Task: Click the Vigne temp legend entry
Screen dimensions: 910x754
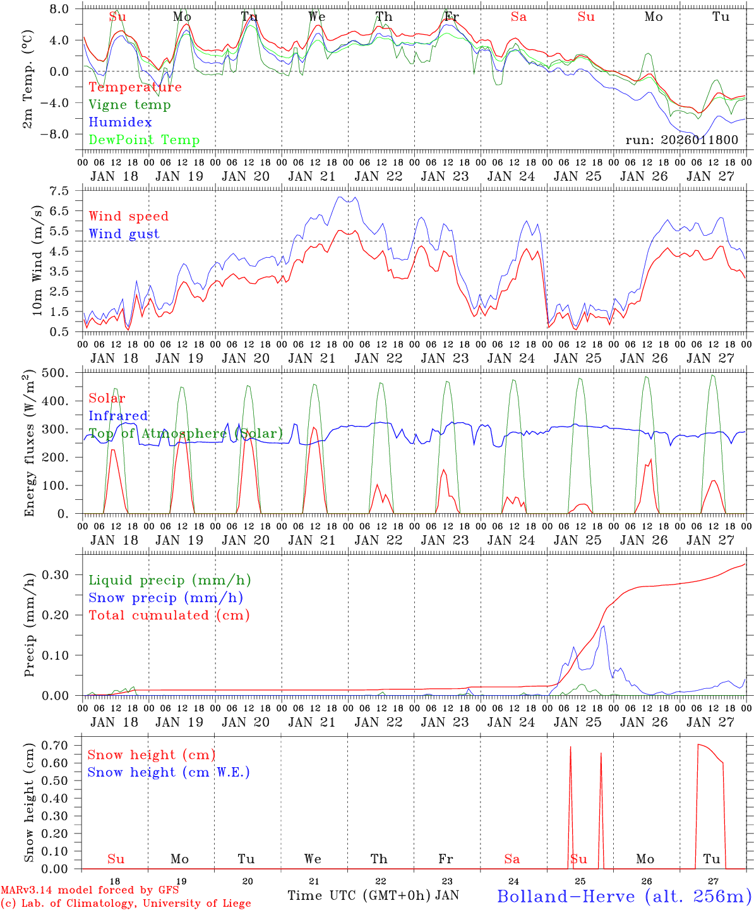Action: click(129, 105)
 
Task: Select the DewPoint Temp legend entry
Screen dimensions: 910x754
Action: click(144, 140)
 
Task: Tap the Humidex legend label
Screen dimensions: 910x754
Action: click(120, 123)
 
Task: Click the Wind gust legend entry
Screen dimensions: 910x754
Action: click(124, 234)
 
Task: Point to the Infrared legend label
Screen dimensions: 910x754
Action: click(118, 416)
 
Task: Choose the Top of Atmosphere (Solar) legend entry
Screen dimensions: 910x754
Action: click(185, 434)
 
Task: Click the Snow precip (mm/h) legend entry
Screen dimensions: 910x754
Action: click(165, 598)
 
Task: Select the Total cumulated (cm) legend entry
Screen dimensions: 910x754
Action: click(169, 616)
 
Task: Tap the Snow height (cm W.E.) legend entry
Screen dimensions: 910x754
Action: click(168, 772)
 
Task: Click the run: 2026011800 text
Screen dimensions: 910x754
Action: click(681, 140)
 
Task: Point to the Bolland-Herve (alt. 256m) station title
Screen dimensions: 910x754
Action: click(624, 895)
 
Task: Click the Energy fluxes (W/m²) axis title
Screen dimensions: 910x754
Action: click(29, 444)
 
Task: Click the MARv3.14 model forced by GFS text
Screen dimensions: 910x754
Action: click(90, 890)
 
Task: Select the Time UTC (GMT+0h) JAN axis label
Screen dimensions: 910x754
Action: click(373, 895)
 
